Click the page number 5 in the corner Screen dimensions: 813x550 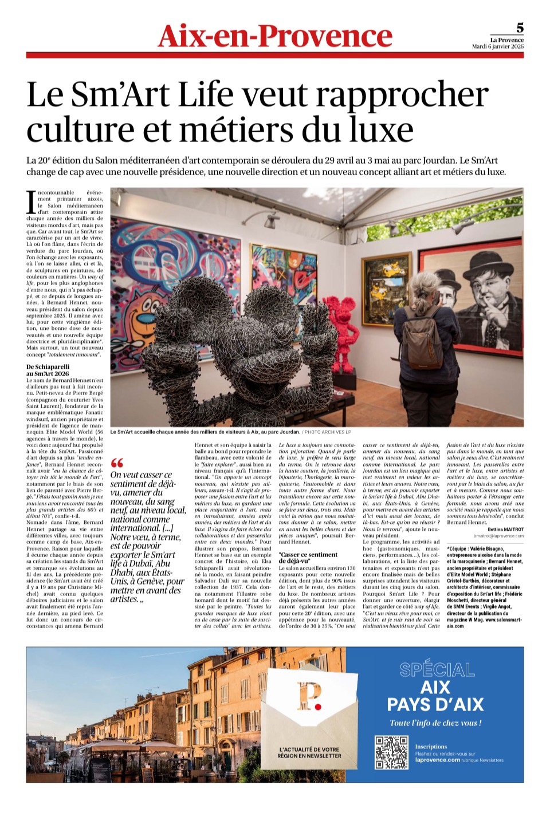pos(520,27)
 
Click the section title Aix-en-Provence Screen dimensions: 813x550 pos(275,36)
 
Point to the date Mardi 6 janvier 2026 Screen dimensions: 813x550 pos(497,46)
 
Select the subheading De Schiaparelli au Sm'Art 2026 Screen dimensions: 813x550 pos(48,370)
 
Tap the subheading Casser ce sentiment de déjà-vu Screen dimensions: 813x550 pos(308,558)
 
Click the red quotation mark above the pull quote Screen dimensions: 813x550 pos(117,463)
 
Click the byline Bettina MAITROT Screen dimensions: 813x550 pos(505,530)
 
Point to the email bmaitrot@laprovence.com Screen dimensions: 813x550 pos(498,536)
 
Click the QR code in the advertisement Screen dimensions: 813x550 pos(391,752)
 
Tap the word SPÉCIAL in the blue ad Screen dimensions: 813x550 pos(437,670)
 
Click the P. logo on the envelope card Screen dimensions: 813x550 pos(309,696)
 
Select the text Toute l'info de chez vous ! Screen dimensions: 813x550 pos(435,723)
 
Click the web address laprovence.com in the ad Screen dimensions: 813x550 pos(437,760)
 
